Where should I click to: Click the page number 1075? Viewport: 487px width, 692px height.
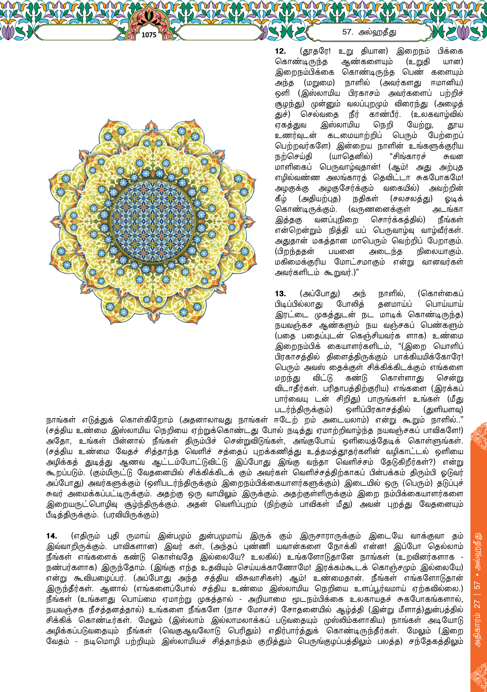tap(149, 35)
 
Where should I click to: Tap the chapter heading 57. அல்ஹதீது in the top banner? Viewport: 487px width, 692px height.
tap(369, 32)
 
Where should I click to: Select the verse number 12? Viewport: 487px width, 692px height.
tap(280, 51)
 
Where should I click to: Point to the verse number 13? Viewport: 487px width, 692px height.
tap(280, 294)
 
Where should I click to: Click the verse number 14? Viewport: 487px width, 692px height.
tap(52, 536)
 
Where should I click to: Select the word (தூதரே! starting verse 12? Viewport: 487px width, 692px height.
tap(315, 51)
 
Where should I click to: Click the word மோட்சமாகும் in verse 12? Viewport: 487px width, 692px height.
tap(359, 262)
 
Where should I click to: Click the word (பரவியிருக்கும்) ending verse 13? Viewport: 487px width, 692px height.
tap(131, 515)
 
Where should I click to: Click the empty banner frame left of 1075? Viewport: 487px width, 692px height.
tap(81, 32)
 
